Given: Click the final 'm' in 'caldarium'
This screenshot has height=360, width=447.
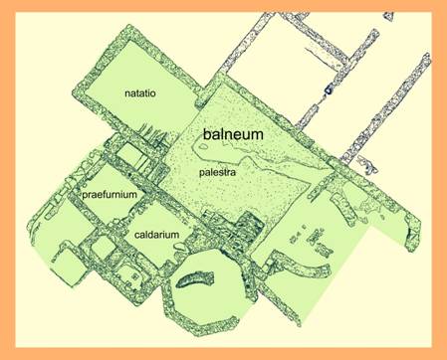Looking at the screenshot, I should (x=175, y=235).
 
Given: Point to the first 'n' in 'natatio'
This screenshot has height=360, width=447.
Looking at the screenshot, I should (x=127, y=93).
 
